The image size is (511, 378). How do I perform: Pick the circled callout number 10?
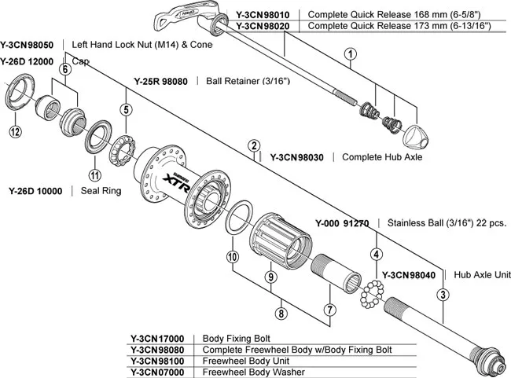232,257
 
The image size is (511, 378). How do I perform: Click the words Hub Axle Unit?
483,275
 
